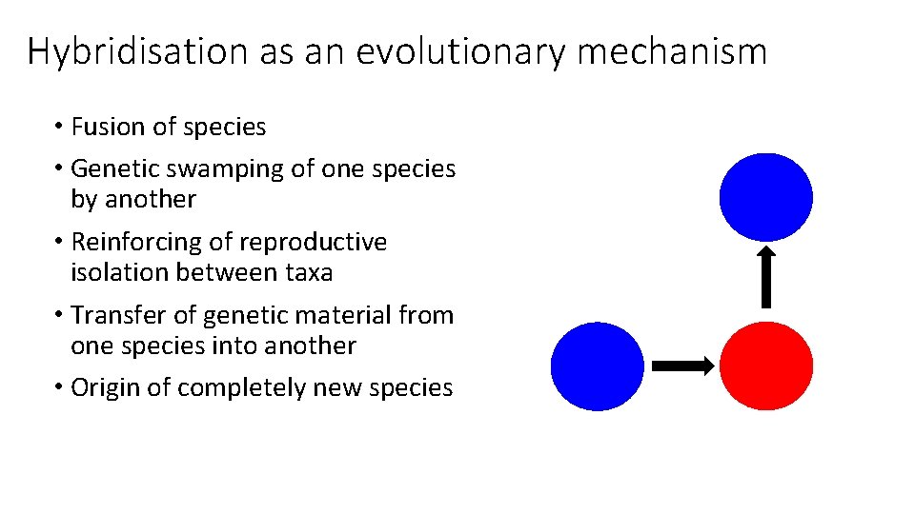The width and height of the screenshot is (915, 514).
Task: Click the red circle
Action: tap(766, 366)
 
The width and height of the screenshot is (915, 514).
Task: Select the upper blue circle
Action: tap(766, 197)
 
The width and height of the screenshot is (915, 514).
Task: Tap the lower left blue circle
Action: tap(598, 366)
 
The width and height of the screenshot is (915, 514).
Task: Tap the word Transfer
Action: tap(112, 315)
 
